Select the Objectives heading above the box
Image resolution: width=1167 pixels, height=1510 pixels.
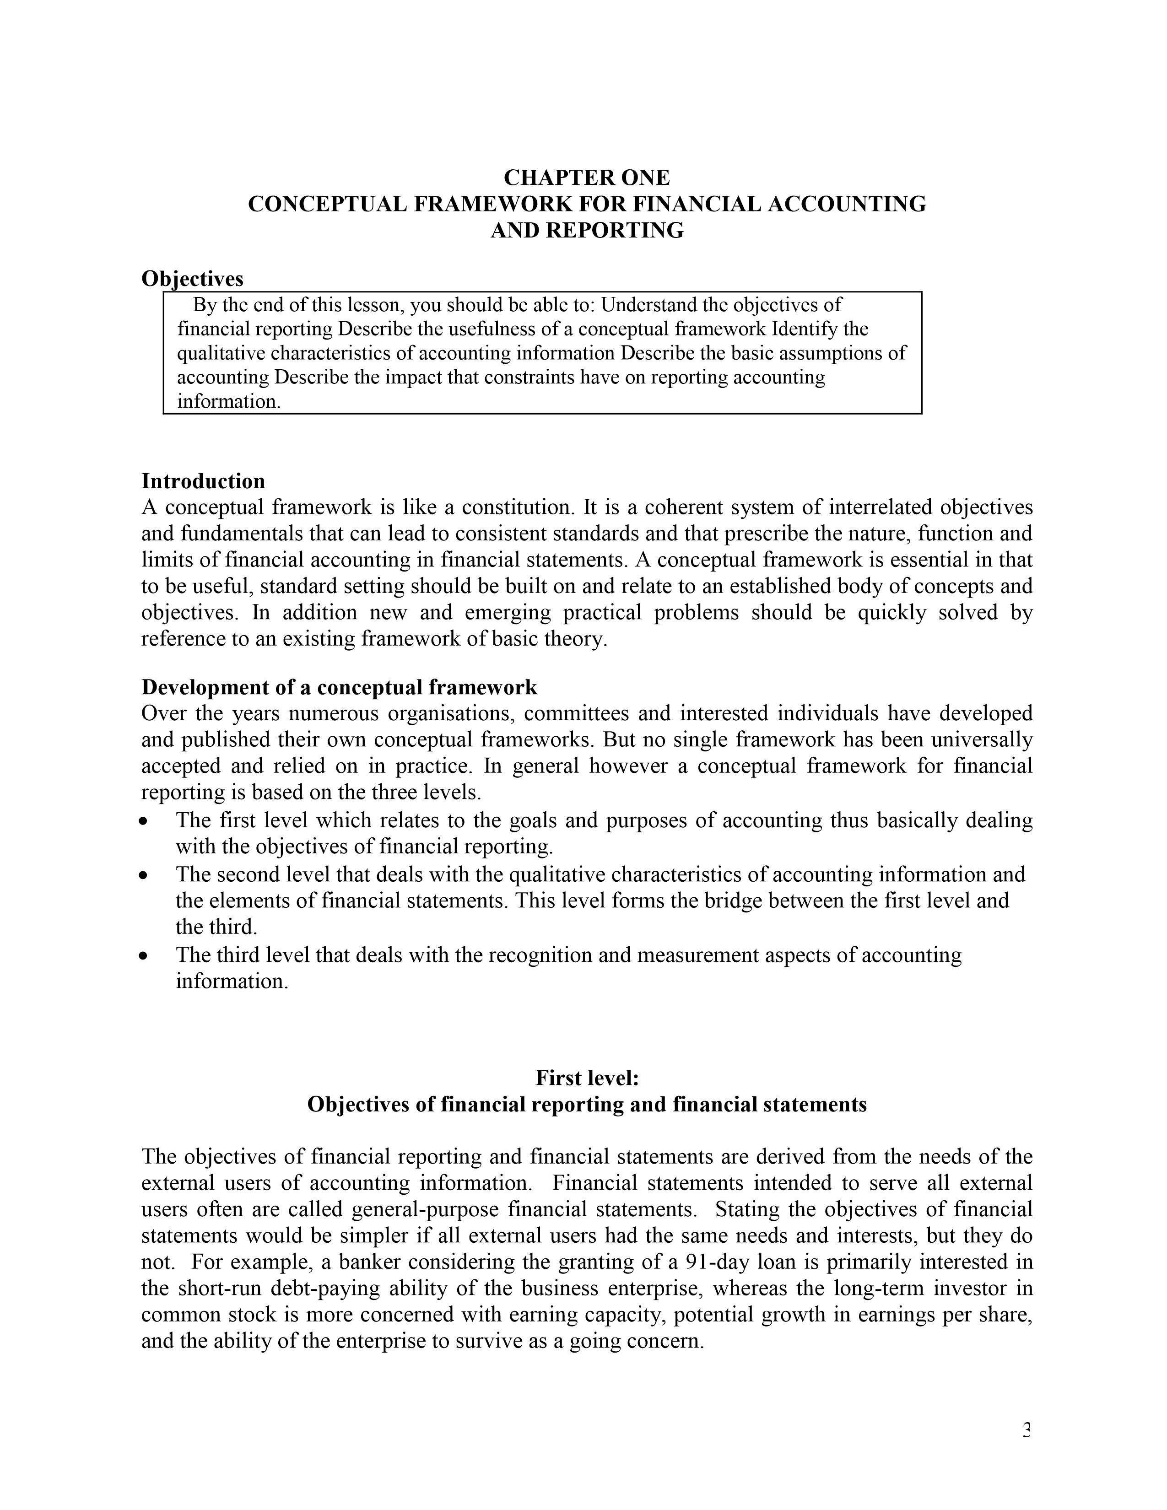tap(192, 279)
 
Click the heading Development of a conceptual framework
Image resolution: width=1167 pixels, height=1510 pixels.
tap(339, 687)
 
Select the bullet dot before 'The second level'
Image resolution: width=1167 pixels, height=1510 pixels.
tap(143, 876)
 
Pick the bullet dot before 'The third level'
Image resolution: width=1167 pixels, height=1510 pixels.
tap(143, 956)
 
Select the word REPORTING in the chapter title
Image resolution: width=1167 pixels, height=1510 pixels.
tap(615, 230)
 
